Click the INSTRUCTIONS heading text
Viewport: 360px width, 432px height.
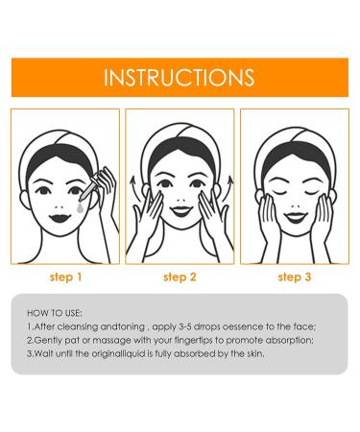180,77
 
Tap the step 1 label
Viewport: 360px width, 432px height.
65,277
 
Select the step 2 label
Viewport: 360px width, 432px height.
180,277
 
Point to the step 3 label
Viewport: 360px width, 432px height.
295,277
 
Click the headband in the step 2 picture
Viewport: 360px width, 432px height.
180,144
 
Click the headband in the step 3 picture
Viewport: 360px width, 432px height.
294,144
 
